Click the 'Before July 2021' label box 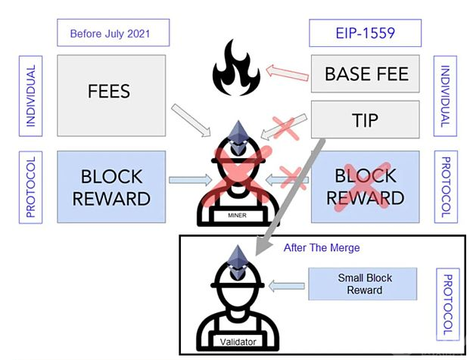click(113, 33)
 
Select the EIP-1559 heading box click(365, 33)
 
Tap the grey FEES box click(110, 92)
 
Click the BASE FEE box click(366, 73)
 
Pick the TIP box click(366, 120)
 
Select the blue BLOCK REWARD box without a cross click(110, 187)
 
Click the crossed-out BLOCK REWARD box click(366, 187)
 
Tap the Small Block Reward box click(364, 284)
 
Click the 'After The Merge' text click(322, 248)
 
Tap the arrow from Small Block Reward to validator click(285, 285)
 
